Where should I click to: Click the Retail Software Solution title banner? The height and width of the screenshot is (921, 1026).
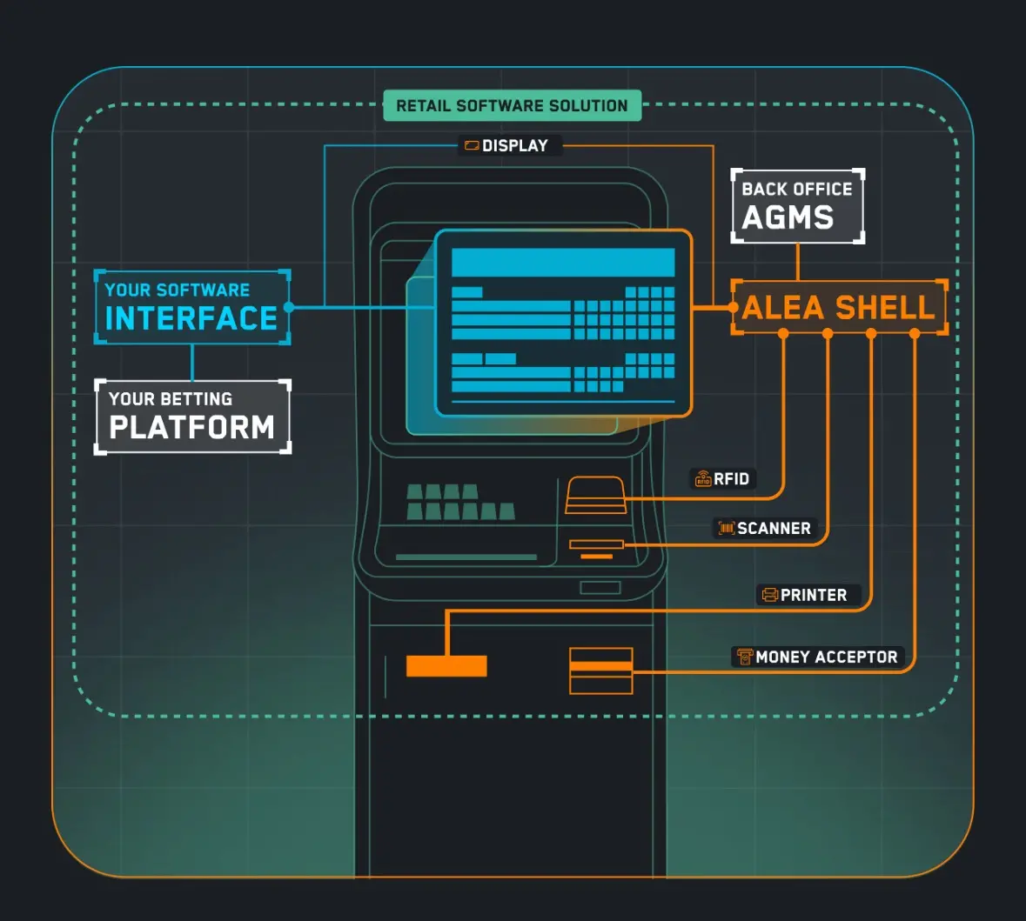pos(512,105)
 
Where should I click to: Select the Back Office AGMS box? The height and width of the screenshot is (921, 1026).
pos(798,206)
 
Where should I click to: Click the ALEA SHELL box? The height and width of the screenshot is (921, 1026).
pos(839,308)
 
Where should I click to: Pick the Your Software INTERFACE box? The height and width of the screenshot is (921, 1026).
pos(191,307)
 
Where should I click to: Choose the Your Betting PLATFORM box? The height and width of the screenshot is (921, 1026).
pos(192,417)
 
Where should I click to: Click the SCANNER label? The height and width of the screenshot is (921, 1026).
pos(765,528)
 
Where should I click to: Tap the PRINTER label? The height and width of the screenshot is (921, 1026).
pos(808,595)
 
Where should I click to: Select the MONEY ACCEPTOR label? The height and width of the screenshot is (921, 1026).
pos(818,657)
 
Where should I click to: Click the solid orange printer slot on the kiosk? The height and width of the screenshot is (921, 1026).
pos(446,666)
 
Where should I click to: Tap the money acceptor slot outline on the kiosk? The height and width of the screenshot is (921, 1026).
pos(600,671)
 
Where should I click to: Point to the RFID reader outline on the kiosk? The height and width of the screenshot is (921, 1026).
pos(594,495)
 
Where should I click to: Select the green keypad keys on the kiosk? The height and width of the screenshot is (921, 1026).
pos(460,503)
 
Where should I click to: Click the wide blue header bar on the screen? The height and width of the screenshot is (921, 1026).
pos(563,263)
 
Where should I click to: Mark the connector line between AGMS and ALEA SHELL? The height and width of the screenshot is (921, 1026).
pos(798,262)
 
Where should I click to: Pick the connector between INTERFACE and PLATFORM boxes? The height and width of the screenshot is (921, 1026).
pos(192,363)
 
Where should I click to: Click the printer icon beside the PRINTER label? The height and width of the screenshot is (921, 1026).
pos(770,595)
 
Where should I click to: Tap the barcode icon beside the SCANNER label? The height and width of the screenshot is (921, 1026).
pos(727,528)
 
